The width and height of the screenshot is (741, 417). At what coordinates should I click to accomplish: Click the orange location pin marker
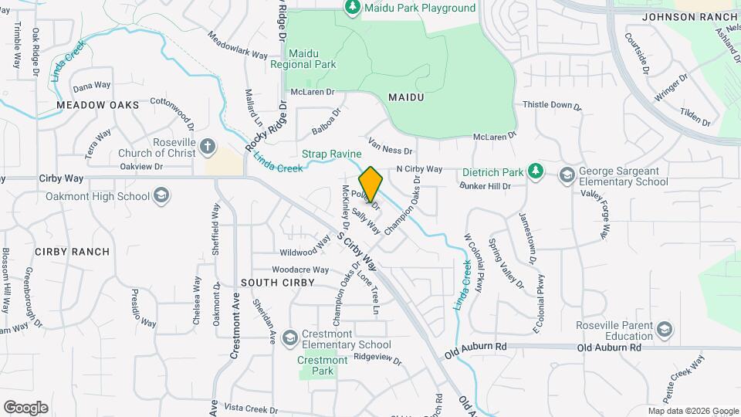[x=370, y=184]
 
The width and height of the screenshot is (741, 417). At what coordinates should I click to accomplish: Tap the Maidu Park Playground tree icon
[x=352, y=8]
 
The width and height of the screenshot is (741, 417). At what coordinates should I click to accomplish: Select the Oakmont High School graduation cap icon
[x=161, y=196]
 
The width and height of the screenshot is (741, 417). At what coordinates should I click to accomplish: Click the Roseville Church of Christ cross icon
[x=207, y=146]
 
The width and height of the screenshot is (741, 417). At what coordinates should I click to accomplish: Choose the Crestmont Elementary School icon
[x=289, y=338]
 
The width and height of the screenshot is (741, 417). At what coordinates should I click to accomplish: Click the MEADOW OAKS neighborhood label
[x=97, y=105]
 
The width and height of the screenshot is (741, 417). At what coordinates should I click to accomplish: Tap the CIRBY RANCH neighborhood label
[x=71, y=252]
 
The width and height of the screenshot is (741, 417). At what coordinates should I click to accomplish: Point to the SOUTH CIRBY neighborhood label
[x=278, y=283]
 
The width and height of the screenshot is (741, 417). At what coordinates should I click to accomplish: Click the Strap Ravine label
[x=331, y=154]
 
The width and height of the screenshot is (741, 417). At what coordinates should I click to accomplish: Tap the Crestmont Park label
[x=323, y=365]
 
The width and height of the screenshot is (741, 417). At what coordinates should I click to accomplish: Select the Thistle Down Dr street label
[x=551, y=105]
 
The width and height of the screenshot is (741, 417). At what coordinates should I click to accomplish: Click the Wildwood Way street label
[x=305, y=252]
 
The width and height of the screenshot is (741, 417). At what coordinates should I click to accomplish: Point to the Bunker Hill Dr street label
[x=486, y=186]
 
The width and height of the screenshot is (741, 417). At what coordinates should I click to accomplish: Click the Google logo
[x=25, y=407]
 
